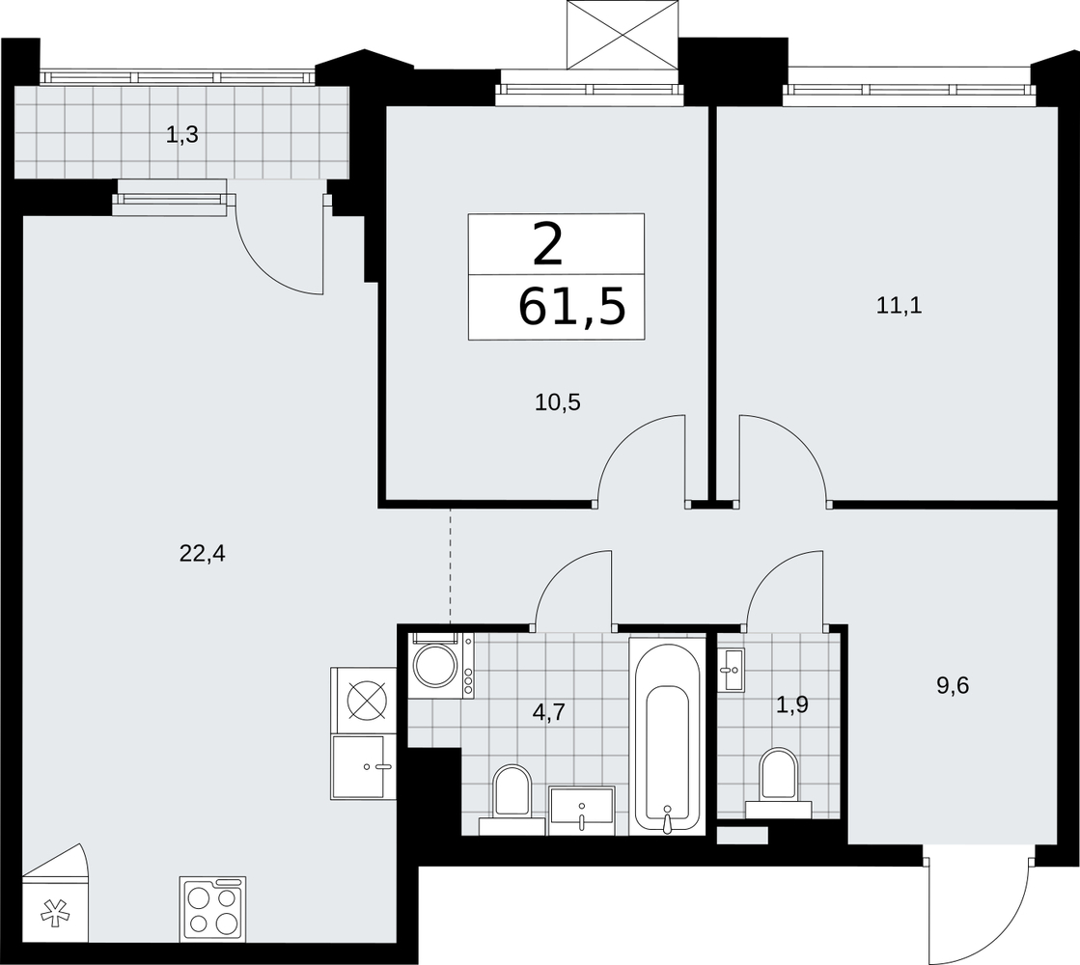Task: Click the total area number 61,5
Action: pyautogui.click(x=571, y=308)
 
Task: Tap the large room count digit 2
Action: pyautogui.click(x=548, y=245)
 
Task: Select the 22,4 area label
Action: pyautogui.click(x=203, y=553)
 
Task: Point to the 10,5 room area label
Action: pyautogui.click(x=558, y=402)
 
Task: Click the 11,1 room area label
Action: pyautogui.click(x=899, y=305)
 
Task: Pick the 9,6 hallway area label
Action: pyautogui.click(x=953, y=686)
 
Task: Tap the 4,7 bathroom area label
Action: pyautogui.click(x=548, y=711)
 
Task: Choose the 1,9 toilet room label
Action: pyautogui.click(x=792, y=704)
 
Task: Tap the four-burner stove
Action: pyautogui.click(x=213, y=909)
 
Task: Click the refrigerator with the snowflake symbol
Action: pyautogui.click(x=55, y=894)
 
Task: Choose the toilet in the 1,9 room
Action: pyautogui.click(x=778, y=784)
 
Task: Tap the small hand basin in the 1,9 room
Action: pyautogui.click(x=731, y=669)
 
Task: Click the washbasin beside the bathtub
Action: pyautogui.click(x=581, y=812)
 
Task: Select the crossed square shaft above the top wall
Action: pyautogui.click(x=622, y=35)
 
